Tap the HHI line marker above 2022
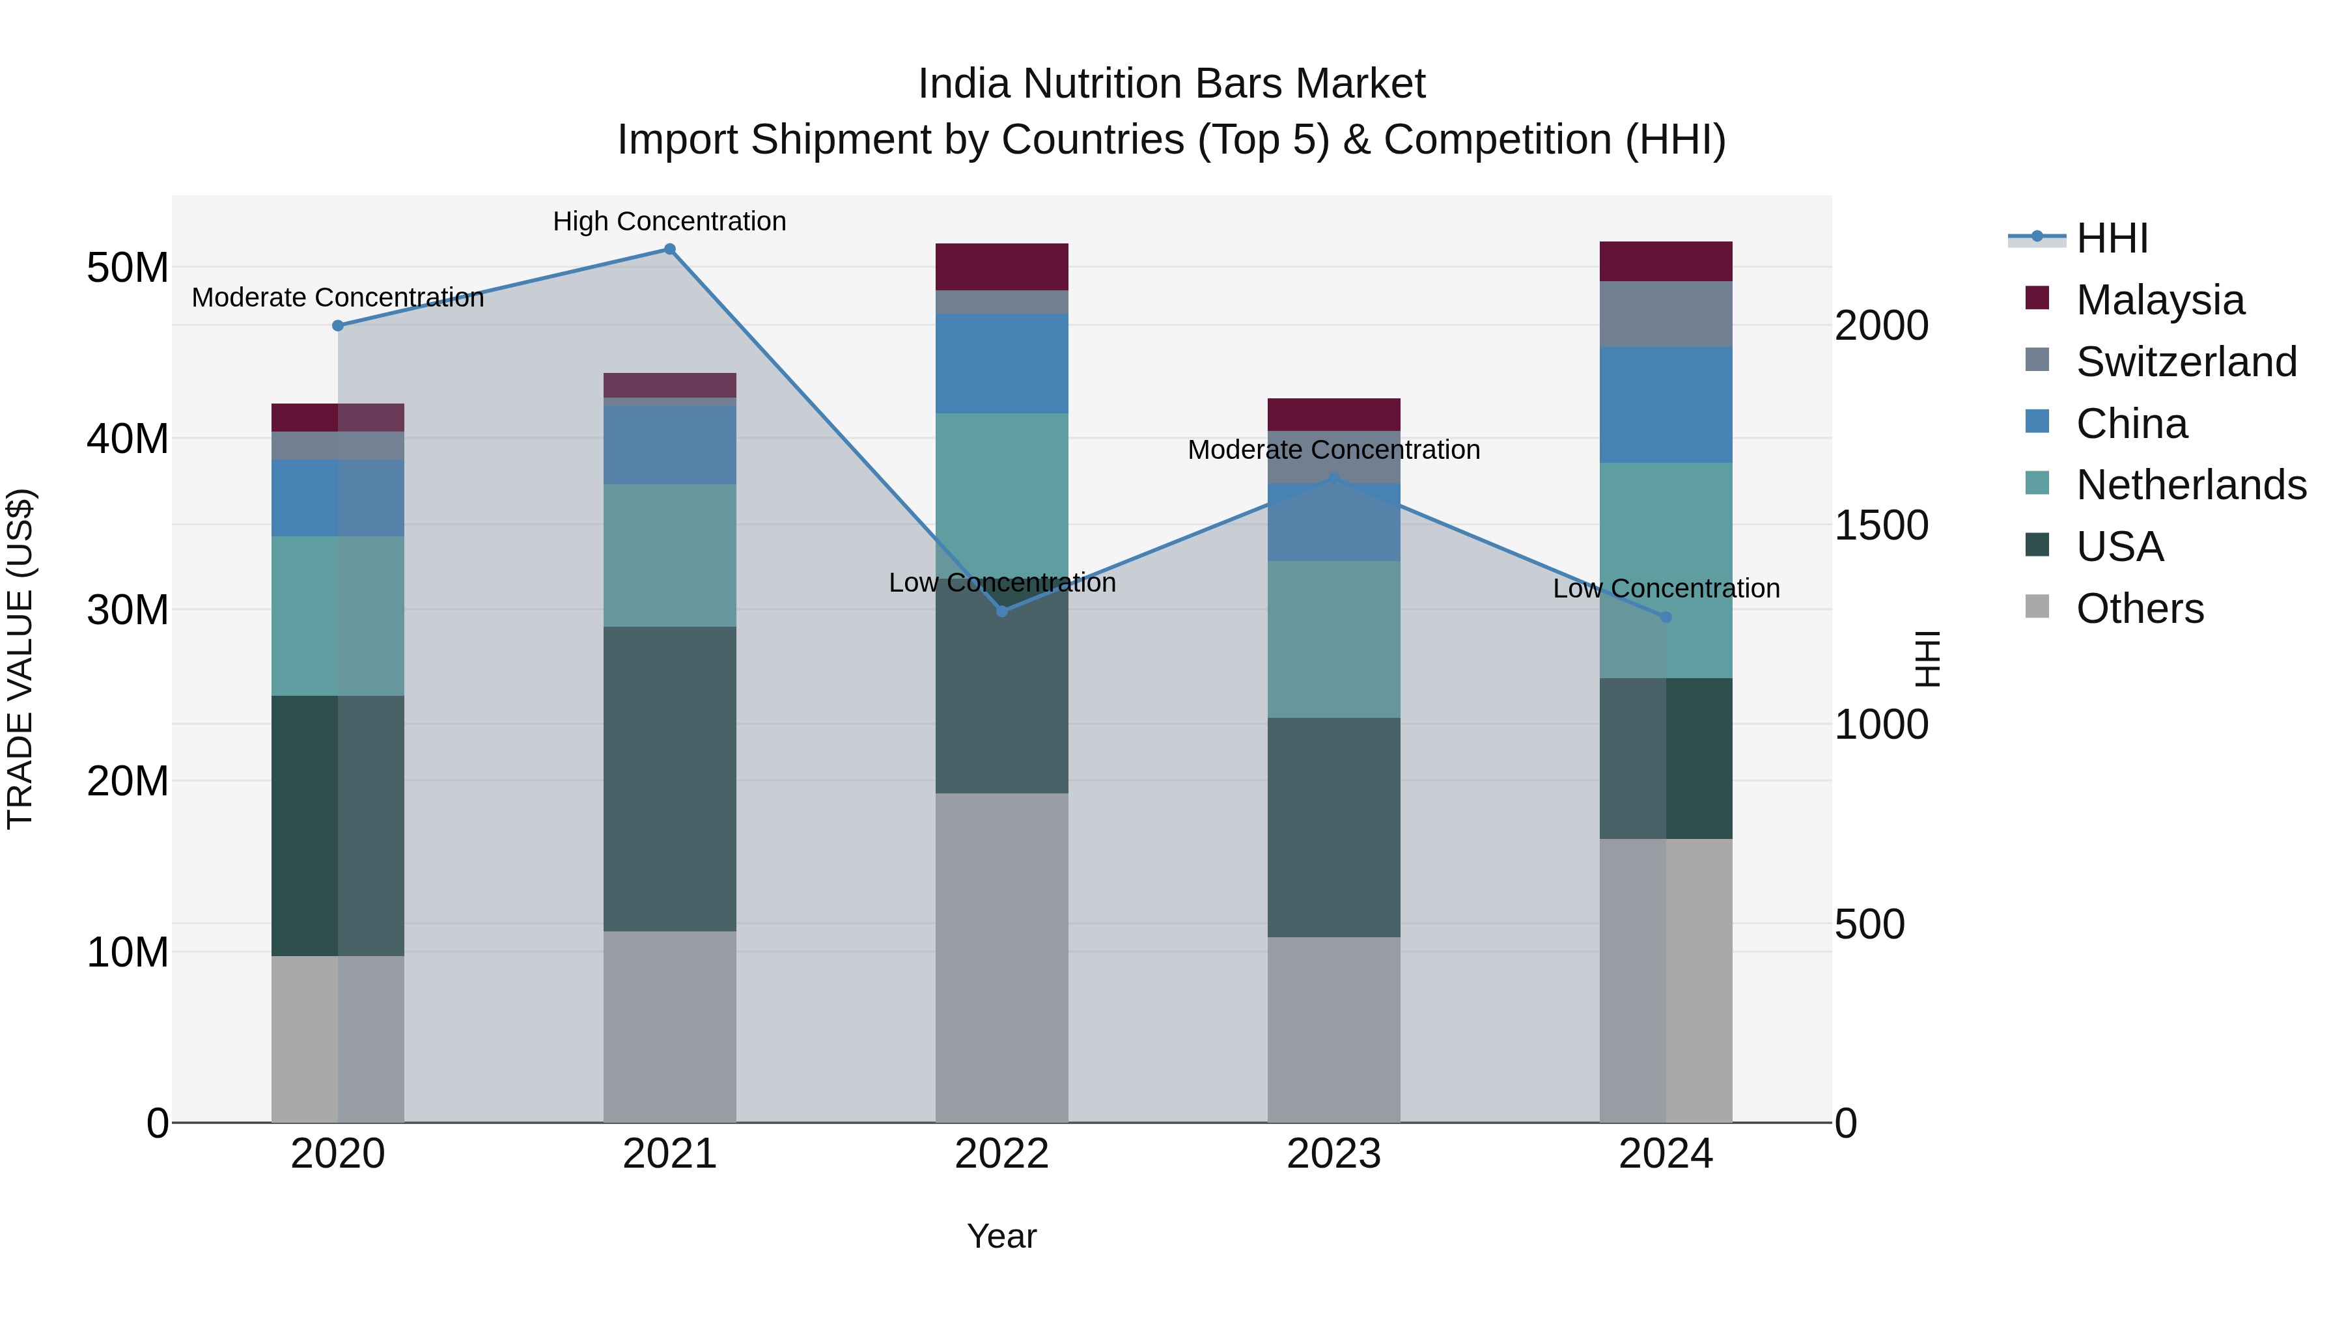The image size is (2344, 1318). pos(1002,611)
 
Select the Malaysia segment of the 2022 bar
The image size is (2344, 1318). pos(1002,266)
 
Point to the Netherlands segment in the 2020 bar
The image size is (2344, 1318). pos(337,616)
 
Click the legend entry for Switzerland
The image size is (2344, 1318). pos(2186,362)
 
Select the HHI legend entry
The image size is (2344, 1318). pos(2111,238)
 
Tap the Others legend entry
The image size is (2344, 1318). pos(2138,609)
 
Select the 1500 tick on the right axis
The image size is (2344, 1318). pos(1880,526)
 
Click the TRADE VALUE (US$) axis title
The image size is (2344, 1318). pos(20,659)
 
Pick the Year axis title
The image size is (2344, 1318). pos(1002,1236)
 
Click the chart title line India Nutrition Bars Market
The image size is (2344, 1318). pos(1171,84)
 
